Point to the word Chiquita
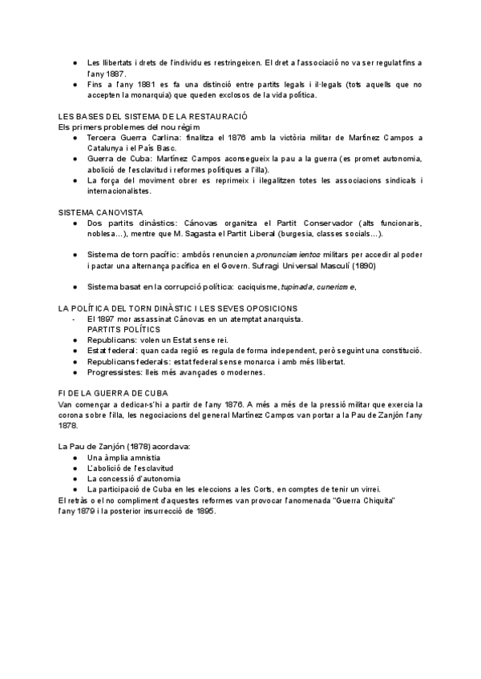pyautogui.click(x=378, y=500)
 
